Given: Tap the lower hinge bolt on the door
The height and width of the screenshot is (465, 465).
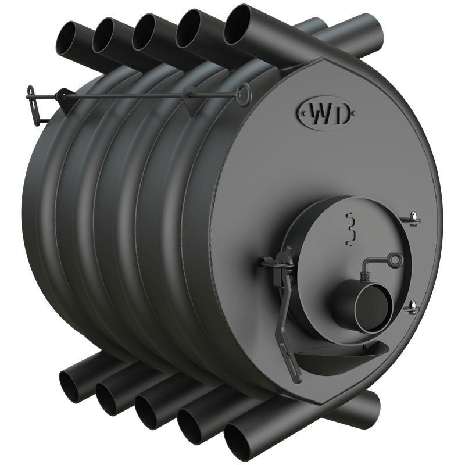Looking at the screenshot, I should [x=412, y=303].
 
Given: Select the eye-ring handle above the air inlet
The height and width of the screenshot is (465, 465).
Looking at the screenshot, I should [x=395, y=260].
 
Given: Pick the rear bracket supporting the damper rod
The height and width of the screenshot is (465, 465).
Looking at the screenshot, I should [x=62, y=97].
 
